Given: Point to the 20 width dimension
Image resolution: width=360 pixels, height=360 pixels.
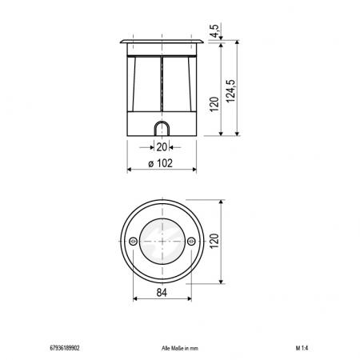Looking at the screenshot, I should click(x=162, y=147).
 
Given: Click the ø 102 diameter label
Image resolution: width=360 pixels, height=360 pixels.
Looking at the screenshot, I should click(x=162, y=163).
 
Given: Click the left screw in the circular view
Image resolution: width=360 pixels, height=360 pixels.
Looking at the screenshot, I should click(x=131, y=241).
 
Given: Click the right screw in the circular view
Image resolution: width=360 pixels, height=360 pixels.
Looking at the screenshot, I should click(x=192, y=241).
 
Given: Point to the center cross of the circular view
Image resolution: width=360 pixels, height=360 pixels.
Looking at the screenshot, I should click(x=162, y=241).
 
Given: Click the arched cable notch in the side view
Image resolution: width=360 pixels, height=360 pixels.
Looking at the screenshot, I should click(x=162, y=129).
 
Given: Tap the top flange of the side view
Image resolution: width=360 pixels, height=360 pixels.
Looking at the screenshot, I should click(x=162, y=39).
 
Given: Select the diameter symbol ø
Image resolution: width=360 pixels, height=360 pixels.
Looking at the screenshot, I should click(x=151, y=163).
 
